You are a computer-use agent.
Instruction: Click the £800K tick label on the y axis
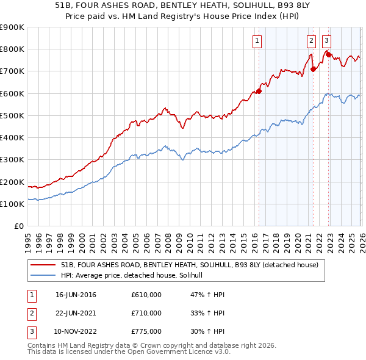(12, 49)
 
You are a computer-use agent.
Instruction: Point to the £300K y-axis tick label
(12, 160)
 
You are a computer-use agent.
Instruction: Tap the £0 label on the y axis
(18, 226)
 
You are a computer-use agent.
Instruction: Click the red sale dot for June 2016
(259, 91)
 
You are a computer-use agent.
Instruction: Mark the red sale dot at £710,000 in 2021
(313, 69)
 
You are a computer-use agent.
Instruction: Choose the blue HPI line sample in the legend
(43, 276)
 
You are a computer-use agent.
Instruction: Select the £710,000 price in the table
(146, 313)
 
